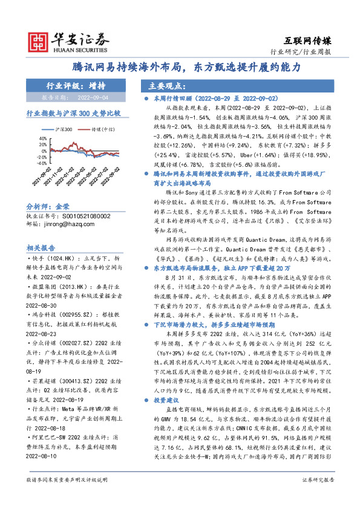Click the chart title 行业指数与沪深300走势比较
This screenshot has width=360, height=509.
pyautogui.click(x=74, y=113)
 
